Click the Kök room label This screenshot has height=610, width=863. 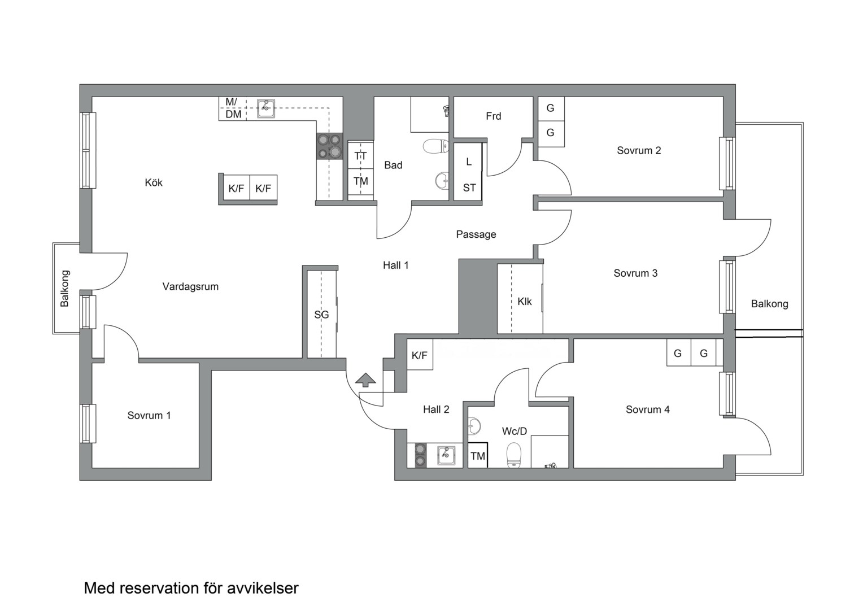point(153,182)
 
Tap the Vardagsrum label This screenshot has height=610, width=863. point(190,287)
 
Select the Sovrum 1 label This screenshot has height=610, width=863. point(149,415)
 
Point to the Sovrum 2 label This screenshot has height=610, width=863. point(639,151)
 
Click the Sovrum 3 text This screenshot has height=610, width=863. point(635,273)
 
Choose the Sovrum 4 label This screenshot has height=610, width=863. point(648,409)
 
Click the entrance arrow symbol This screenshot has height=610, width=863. point(365,380)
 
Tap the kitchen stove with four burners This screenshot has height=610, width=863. point(329,146)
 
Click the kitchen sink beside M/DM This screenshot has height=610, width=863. point(266,108)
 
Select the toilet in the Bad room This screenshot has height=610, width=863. point(436,146)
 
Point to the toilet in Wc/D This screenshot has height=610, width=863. point(513,455)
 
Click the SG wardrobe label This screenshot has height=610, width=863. point(321,315)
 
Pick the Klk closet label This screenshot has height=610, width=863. point(524,302)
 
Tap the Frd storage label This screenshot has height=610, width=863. point(494,116)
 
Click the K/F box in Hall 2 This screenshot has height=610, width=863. point(420,355)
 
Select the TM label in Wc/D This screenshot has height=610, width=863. point(478,456)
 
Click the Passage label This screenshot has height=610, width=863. point(476,234)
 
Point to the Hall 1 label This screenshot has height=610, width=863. point(396,265)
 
